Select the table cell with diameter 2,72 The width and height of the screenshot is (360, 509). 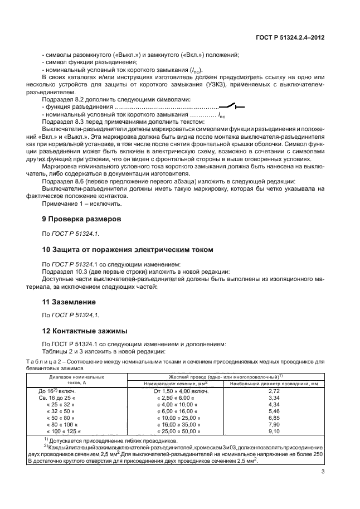pos(274,391)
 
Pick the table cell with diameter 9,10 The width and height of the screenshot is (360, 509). pos(274,431)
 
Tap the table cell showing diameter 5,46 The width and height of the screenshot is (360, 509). pos(274,411)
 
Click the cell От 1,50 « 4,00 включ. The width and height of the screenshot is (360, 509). pos(181,391)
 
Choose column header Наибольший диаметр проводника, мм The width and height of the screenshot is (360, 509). pos(274,384)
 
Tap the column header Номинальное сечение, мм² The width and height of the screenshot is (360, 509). pos(176,384)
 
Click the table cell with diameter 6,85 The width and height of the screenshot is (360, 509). pos(274,418)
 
